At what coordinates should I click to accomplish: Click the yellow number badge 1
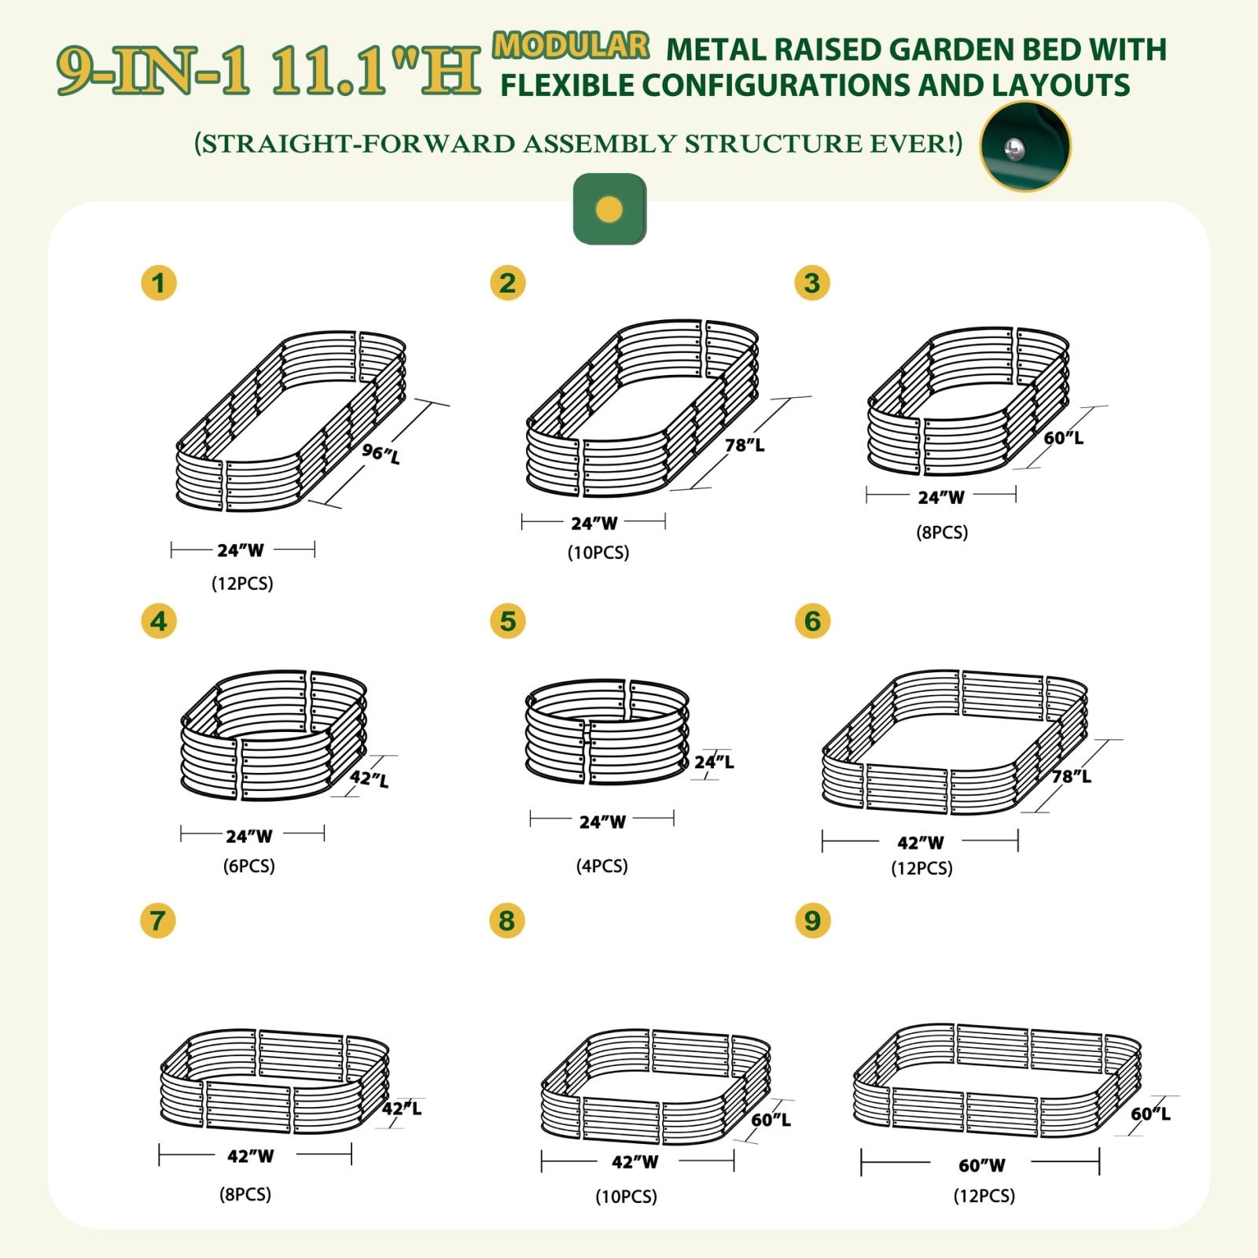click(159, 283)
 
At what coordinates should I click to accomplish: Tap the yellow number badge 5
click(507, 621)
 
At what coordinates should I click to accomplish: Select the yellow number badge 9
click(812, 920)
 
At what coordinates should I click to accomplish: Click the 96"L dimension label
click(381, 453)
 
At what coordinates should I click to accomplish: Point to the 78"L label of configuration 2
click(745, 445)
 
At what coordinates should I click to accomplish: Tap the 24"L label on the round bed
click(714, 761)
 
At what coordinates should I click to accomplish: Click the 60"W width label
click(981, 1165)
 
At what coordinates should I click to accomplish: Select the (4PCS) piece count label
click(601, 866)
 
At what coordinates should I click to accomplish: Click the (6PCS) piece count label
click(248, 866)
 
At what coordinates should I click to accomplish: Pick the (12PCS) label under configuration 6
click(921, 868)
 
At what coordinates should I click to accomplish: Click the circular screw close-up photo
click(1025, 146)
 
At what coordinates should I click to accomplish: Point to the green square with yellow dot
click(609, 209)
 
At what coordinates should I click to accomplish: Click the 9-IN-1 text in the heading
click(153, 72)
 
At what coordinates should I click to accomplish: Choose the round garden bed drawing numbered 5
click(607, 732)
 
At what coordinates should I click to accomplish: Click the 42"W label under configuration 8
click(635, 1161)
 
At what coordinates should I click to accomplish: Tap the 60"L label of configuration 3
click(1064, 437)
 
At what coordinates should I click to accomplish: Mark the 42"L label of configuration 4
click(370, 778)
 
